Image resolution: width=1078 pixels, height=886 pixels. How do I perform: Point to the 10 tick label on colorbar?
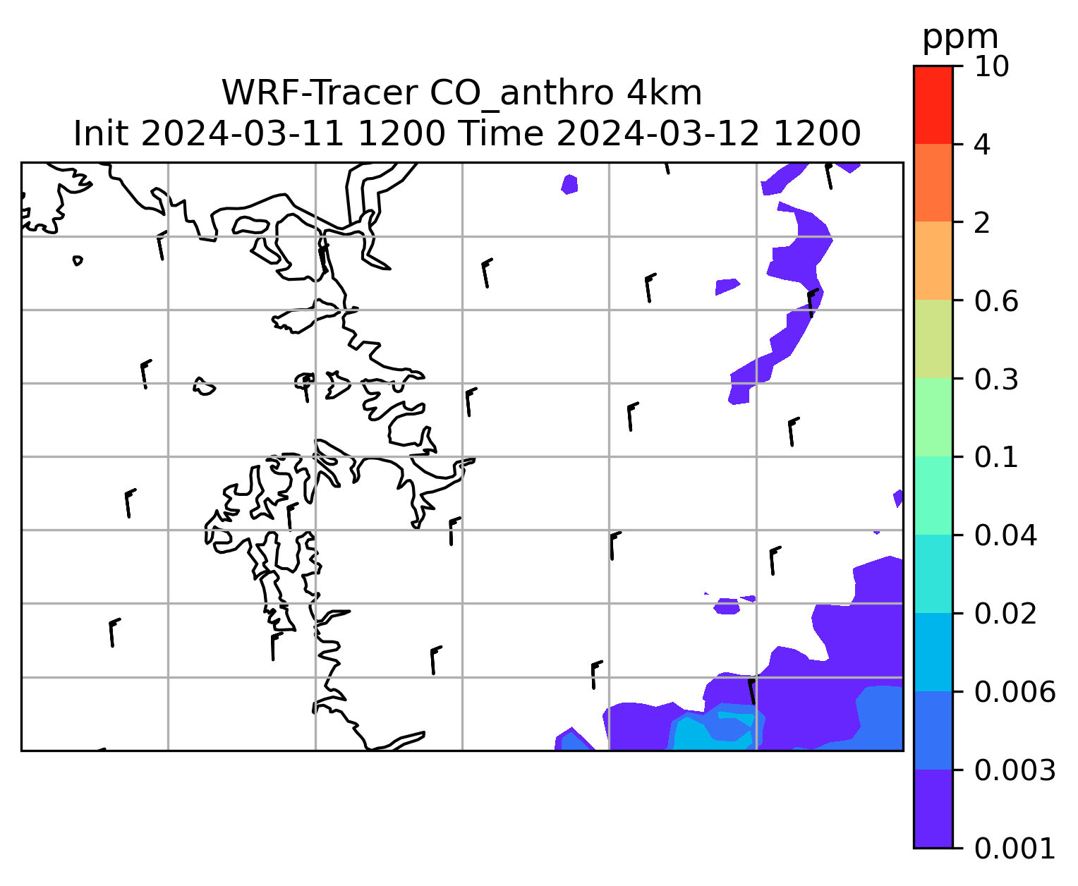pyautogui.click(x=991, y=66)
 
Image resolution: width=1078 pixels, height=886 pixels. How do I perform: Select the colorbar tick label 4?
pyautogui.click(x=982, y=145)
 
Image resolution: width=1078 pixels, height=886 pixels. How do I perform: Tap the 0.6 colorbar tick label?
pyautogui.click(x=996, y=301)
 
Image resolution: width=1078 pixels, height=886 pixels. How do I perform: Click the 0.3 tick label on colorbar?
pyautogui.click(x=996, y=380)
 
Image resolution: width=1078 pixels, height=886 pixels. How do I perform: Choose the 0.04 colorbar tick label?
pyautogui.click(x=1005, y=535)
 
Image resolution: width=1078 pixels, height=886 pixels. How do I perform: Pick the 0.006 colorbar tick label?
pyautogui.click(x=1015, y=692)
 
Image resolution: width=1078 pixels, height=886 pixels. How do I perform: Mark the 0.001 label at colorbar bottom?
pyautogui.click(x=1015, y=849)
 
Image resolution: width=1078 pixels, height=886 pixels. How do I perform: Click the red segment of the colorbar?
pyautogui.click(x=933, y=105)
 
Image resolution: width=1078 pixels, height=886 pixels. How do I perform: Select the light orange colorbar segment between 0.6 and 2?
pyautogui.click(x=933, y=260)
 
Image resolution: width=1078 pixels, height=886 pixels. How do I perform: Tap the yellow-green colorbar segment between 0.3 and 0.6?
pyautogui.click(x=933, y=339)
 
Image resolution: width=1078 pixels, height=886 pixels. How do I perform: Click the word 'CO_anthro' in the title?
pyautogui.click(x=521, y=95)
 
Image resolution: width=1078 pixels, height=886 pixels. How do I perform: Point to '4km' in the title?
pyautogui.click(x=664, y=93)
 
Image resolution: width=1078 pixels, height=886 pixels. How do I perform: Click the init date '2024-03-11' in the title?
pyautogui.click(x=242, y=134)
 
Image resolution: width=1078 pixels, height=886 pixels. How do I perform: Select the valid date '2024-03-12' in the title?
pyautogui.click(x=658, y=134)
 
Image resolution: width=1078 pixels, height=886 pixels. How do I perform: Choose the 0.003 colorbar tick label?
pyautogui.click(x=1015, y=770)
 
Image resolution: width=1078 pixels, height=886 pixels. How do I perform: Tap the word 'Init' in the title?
pyautogui.click(x=101, y=134)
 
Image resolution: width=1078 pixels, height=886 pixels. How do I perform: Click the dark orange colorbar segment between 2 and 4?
pyautogui.click(x=933, y=183)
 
